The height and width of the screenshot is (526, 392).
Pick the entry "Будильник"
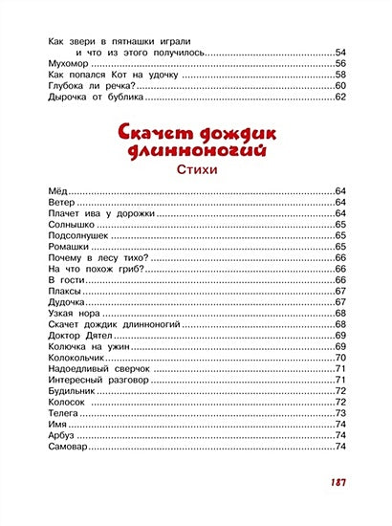pos(72,390)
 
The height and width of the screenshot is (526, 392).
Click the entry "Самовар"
pos(67,446)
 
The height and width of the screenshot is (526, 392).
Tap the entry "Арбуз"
pos(60,434)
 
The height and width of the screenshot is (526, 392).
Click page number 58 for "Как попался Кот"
pos(339,75)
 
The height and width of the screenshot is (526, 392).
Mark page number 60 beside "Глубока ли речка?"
pos(339,86)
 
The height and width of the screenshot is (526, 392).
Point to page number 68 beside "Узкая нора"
pos(339,313)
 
